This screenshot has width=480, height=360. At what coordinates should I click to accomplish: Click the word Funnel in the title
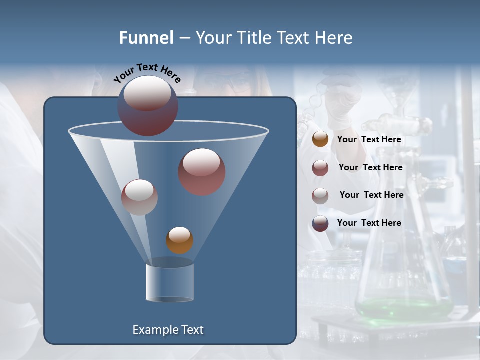point(146,38)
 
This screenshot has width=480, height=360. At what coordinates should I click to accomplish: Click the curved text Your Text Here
point(147,73)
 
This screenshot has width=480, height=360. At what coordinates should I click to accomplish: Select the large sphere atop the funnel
point(148,105)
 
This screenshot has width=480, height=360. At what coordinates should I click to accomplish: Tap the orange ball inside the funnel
point(179,240)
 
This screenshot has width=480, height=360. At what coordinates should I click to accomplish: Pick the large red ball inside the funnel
point(202,172)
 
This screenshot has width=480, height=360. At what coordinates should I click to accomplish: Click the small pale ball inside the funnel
point(139,197)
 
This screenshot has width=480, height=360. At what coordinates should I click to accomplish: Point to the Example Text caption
point(168,330)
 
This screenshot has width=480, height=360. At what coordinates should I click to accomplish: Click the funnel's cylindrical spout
point(170,282)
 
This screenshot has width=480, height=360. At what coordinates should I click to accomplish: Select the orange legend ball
point(320,139)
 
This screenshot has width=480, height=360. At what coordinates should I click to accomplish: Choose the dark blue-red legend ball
point(320,223)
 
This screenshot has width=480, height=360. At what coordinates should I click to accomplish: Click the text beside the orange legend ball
point(369,140)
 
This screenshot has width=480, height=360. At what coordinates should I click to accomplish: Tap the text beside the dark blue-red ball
point(369,223)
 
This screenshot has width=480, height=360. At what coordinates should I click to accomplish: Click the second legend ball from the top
point(320,168)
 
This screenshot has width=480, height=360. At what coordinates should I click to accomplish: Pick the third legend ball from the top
point(320,195)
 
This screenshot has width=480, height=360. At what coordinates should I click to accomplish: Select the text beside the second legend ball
point(370,168)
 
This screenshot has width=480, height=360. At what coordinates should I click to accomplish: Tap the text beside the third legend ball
point(371,195)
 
